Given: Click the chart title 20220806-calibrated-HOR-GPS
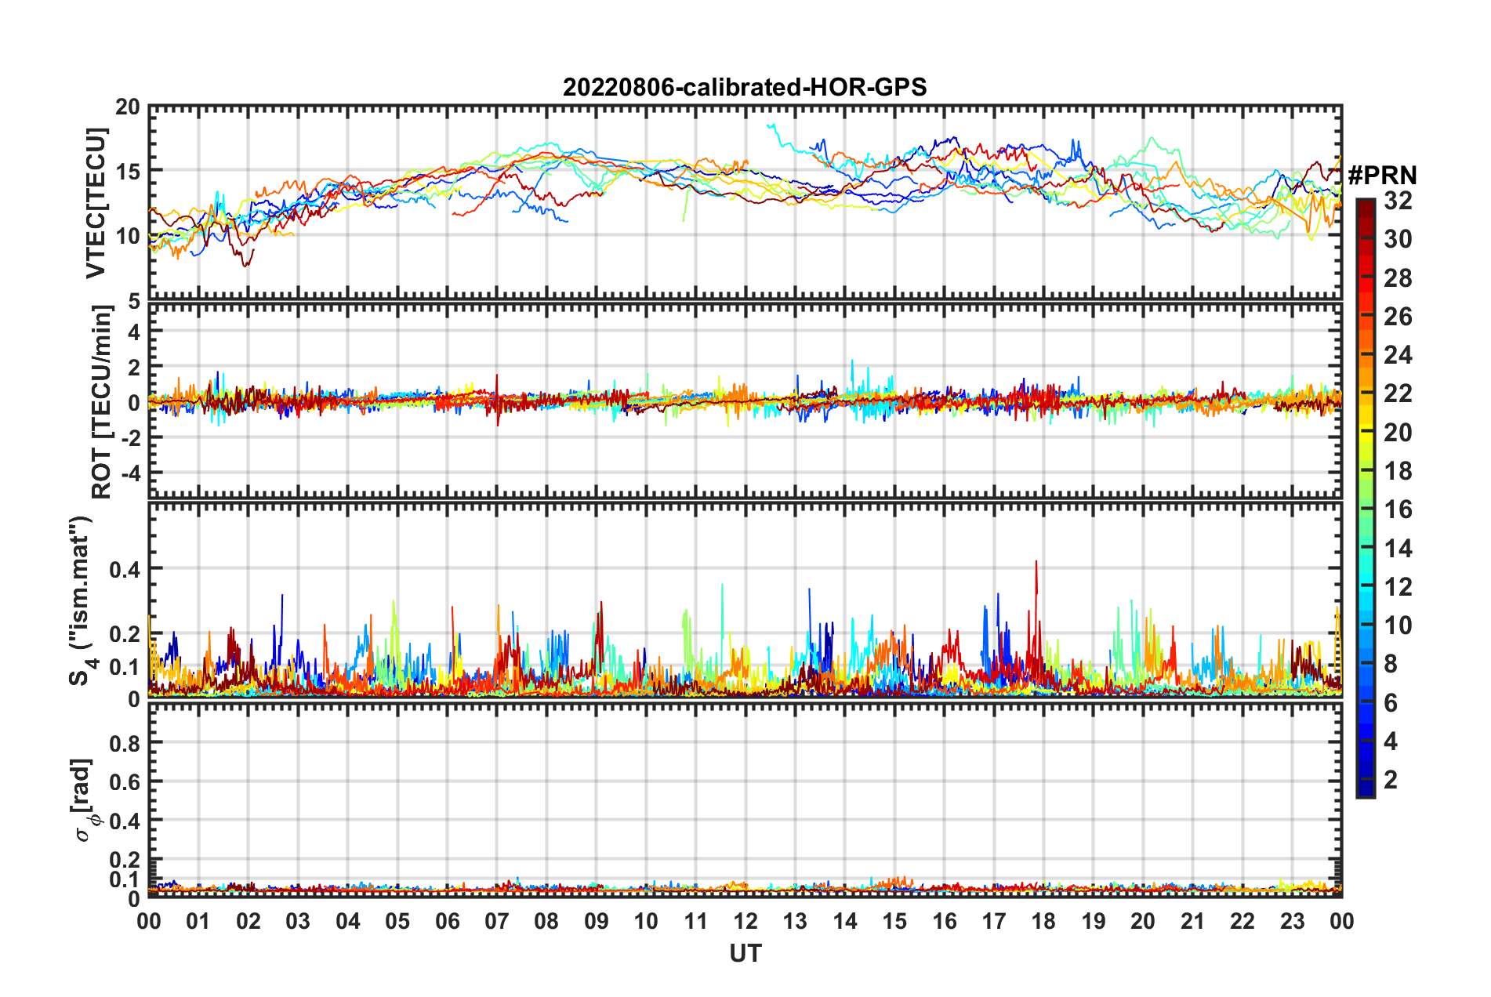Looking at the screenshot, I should pos(745,87).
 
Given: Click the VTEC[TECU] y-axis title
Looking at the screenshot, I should pos(96,203).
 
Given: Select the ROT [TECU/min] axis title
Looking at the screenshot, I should pos(101,401).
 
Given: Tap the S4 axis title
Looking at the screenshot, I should pos(82,600).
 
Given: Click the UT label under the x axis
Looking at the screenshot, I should pos(745,954).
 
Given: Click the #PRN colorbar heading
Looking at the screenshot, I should pos(1382,175).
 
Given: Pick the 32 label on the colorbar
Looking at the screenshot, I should pos(1398,201).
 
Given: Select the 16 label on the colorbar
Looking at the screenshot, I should pos(1398,509).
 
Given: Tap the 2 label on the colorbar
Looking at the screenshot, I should pos(1391,779).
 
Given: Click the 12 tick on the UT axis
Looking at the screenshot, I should pos(745,921).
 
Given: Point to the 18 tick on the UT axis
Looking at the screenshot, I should pos(1043,921).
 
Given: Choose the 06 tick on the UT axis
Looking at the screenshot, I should pos(447,921).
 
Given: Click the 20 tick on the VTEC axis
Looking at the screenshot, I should pos(128,107).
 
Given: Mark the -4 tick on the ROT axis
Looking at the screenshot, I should pos(129,473).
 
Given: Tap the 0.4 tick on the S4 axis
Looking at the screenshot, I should pos(125,569).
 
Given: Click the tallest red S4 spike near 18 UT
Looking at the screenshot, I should pos(1036,562).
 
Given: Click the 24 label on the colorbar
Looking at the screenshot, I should pos(1398,355).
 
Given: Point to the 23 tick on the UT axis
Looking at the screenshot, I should pos(1292,921).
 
